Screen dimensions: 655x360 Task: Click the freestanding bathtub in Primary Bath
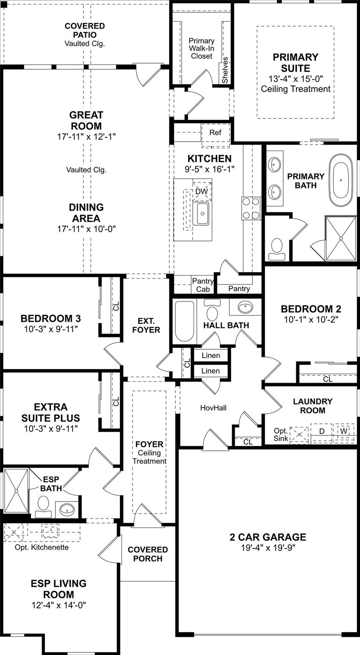(341, 180)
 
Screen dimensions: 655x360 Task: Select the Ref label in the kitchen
(215, 133)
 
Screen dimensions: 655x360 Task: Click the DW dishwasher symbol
(201, 191)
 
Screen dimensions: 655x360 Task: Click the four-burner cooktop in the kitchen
(251, 208)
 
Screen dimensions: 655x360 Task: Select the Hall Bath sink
(246, 307)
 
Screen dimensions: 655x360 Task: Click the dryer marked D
(322, 431)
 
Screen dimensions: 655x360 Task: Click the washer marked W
(344, 431)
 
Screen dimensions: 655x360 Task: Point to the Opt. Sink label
(281, 435)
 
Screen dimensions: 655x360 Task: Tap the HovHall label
(213, 408)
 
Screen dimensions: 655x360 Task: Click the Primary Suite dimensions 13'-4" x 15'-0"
(296, 79)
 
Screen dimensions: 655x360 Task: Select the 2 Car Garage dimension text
(268, 548)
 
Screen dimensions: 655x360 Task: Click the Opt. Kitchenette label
(41, 547)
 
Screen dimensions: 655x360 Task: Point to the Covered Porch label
(148, 554)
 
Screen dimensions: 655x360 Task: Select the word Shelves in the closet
(225, 70)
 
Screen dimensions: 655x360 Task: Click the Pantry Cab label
(203, 285)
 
